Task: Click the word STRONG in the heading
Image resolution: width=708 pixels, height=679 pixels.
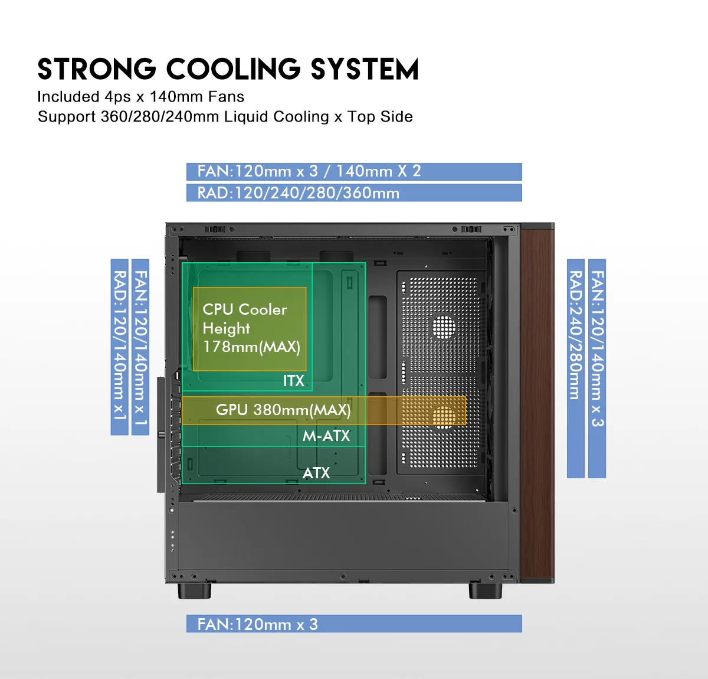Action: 97,69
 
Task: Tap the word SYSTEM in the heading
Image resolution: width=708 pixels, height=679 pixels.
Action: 365,69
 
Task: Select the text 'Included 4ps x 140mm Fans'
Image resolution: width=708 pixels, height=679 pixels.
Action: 141,97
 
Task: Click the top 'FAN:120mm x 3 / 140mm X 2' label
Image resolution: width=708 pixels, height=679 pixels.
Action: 354,171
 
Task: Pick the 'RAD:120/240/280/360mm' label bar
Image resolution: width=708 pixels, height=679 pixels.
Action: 354,192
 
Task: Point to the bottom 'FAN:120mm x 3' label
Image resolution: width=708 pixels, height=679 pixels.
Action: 354,623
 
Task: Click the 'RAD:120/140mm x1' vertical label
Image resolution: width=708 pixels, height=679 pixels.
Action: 120,347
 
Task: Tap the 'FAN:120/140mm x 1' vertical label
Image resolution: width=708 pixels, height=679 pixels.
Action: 140,347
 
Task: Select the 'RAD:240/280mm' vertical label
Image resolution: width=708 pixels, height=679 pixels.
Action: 576,368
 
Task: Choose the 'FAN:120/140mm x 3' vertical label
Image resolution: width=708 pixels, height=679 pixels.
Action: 597,368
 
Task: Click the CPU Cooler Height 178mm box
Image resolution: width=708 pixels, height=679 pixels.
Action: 250,329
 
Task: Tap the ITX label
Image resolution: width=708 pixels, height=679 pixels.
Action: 294,381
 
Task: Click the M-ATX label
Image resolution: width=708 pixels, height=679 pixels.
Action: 326,436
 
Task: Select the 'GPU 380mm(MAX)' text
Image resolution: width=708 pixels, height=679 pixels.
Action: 283,410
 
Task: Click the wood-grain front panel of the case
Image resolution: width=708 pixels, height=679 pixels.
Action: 537,402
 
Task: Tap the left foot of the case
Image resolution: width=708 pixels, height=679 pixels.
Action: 194,590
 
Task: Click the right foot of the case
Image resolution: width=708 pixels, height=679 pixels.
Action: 486,590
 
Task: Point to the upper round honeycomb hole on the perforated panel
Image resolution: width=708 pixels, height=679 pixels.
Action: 444,326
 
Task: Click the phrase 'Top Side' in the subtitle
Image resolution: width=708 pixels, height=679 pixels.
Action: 380,117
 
